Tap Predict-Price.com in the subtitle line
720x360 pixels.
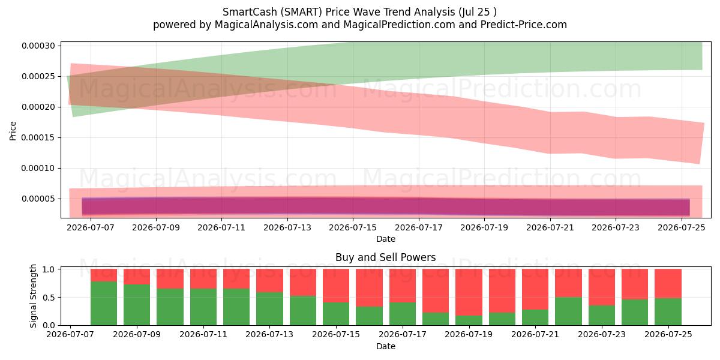tap(524, 25)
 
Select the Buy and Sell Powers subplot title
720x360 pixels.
tap(385, 257)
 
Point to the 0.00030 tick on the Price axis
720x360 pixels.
tap(38, 46)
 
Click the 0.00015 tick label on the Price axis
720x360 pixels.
tap(38, 137)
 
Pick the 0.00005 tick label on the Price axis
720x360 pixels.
tap(38, 199)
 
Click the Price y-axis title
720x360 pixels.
tap(13, 131)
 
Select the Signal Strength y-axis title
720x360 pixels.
tap(33, 296)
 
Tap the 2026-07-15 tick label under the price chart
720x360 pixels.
tap(353, 227)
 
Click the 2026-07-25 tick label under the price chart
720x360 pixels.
tap(682, 227)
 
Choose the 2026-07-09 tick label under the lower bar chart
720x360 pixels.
tap(137, 334)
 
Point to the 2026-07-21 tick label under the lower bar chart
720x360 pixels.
tap(535, 334)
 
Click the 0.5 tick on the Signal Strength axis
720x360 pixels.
tap(49, 298)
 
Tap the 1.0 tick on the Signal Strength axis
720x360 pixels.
tap(49, 269)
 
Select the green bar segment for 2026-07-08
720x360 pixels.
tap(103, 304)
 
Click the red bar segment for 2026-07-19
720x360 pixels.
tap(469, 292)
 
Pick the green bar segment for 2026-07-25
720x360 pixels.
tap(668, 312)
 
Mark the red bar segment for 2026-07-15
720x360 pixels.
tap(336, 286)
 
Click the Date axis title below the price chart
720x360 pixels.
tap(385, 239)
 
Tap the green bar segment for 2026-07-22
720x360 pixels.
tap(568, 311)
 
